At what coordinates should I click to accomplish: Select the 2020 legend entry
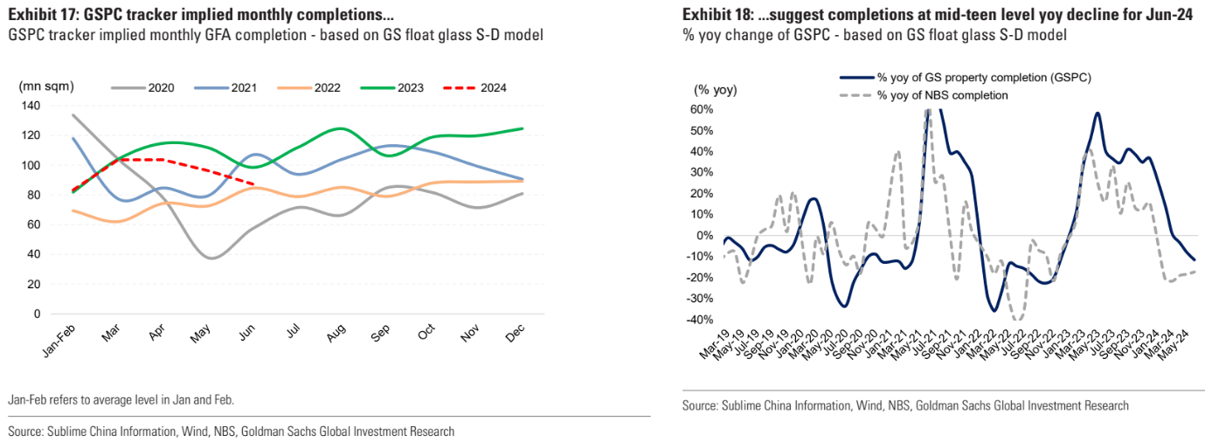160,87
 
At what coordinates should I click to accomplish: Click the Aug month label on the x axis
333,334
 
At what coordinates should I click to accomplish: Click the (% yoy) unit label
716,91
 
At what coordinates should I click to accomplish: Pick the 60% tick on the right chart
701,109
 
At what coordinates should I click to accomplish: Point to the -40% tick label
699,320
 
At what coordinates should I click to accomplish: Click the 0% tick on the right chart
704,236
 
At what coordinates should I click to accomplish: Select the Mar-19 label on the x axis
714,348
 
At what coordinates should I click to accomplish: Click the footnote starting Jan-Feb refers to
121,399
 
